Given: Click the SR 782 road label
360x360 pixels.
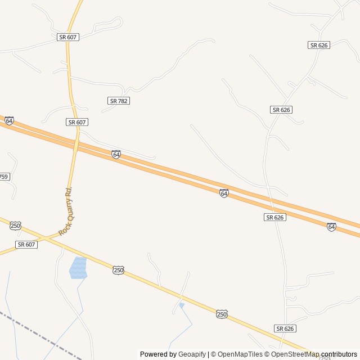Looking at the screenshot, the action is point(119,101).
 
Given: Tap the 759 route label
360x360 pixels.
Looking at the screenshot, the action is point(4,177).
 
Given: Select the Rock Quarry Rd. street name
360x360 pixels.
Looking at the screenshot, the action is point(66,211).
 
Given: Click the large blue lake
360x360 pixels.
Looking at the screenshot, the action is point(78,268).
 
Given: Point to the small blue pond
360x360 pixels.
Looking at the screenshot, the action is point(182,305).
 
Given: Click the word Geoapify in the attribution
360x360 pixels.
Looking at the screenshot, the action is point(192,354).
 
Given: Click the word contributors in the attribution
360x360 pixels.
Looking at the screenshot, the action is point(339,354).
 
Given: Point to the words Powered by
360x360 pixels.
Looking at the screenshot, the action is point(158,354).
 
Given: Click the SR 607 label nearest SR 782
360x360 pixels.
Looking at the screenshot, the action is point(77,122).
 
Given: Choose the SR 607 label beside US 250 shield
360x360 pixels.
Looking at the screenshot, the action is point(26,245).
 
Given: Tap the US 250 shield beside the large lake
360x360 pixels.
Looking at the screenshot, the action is point(118,271).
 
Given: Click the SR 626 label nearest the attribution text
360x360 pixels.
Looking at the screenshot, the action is point(286,328).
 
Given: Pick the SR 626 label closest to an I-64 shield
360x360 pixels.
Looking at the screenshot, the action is point(275,217).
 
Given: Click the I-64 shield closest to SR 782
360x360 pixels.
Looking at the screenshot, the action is point(116,154).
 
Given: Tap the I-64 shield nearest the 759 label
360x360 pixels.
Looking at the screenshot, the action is point(9,121).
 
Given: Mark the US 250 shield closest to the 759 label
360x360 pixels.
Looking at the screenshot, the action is point(15,226).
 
